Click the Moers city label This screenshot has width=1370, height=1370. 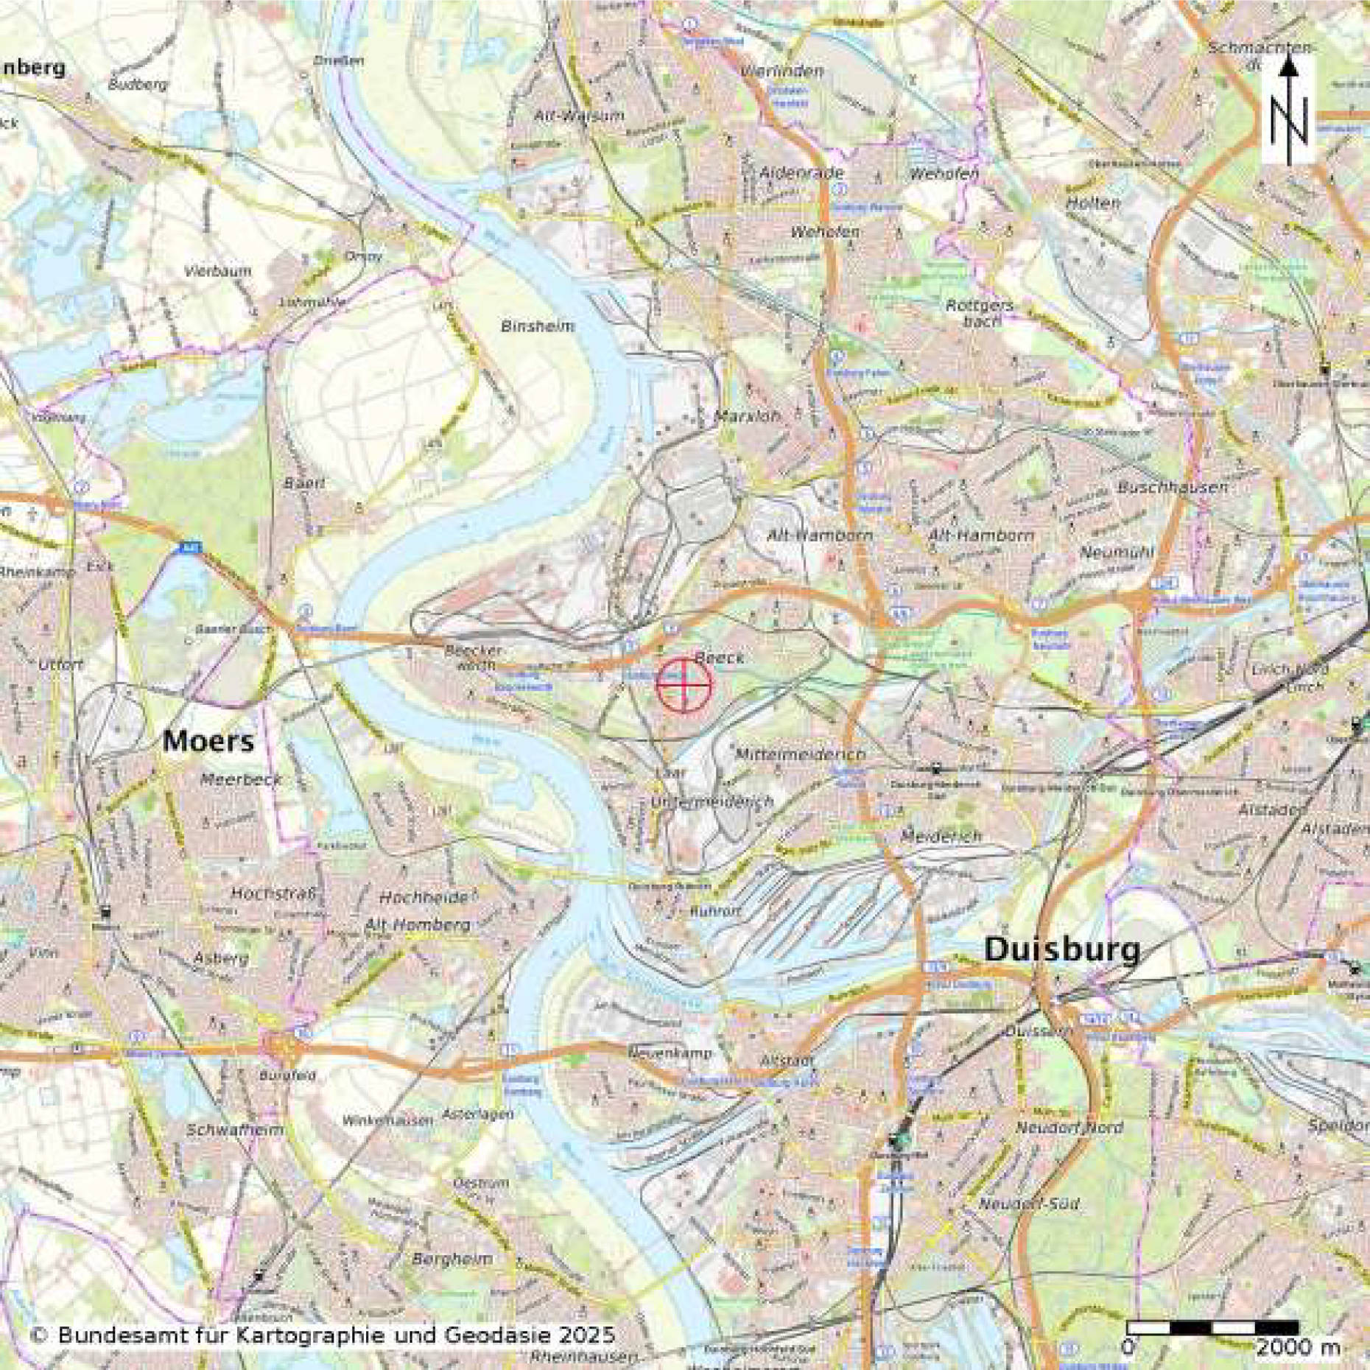point(208,741)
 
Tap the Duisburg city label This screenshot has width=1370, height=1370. point(1061,950)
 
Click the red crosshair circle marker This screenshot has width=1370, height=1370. point(684,685)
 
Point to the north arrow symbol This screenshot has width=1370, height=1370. point(1288,110)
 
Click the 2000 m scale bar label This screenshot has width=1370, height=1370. point(1297,1348)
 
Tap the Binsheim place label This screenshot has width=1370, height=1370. point(537,326)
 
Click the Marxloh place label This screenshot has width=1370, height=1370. point(747,416)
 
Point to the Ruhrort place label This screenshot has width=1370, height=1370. point(715,911)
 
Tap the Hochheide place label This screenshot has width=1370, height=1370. point(424,898)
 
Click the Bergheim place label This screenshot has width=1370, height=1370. point(452,1259)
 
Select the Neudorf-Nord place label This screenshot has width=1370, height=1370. point(1069,1128)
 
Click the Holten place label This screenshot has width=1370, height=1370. point(1092,203)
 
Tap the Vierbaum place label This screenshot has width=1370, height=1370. point(218,271)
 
